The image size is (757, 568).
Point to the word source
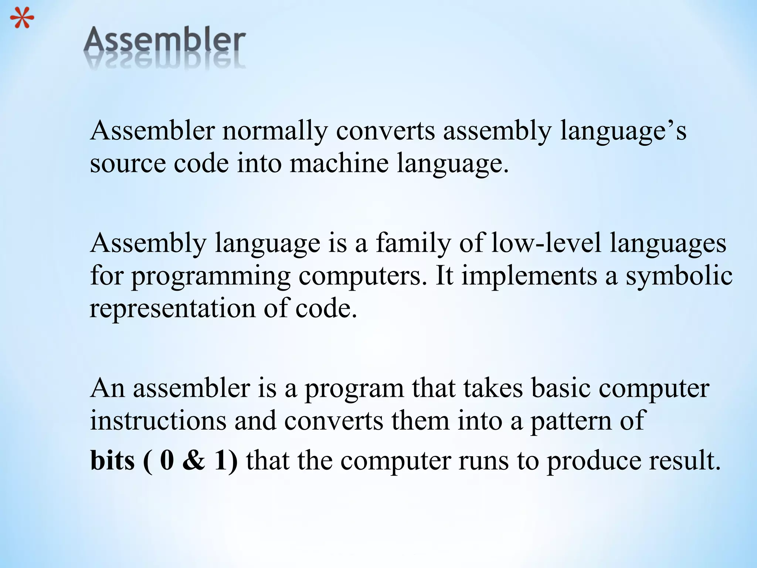pyautogui.click(x=128, y=164)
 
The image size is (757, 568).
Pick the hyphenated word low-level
pyautogui.click(x=546, y=243)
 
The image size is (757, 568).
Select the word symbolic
pyautogui.click(x=679, y=276)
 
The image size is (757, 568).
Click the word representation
pyautogui.click(x=172, y=308)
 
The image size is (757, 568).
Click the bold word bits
pyautogui.click(x=112, y=461)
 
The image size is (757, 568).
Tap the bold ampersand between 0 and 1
pyautogui.click(x=194, y=461)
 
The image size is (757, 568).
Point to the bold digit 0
pyautogui.click(x=167, y=461)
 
